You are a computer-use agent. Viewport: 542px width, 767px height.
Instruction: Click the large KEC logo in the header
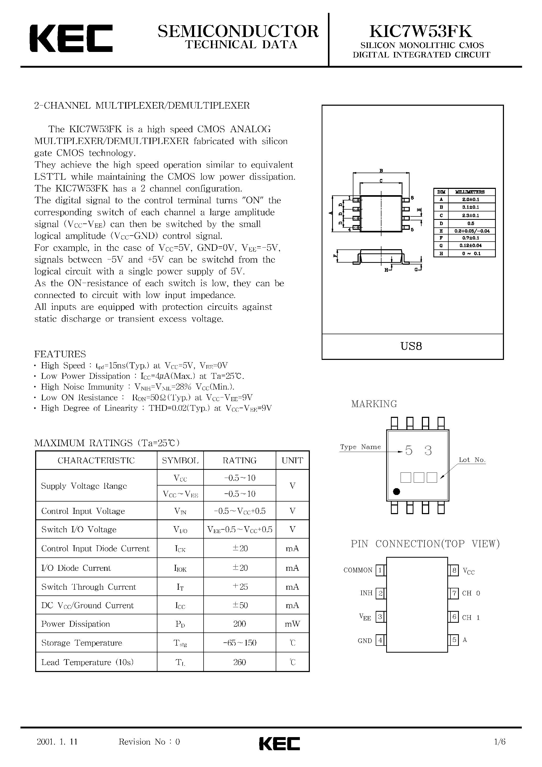click(71, 38)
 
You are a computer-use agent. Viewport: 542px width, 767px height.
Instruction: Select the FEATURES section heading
click(60, 354)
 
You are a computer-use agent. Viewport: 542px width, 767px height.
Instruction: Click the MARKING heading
click(374, 404)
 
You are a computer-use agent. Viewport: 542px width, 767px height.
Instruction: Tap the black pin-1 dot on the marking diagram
click(396, 491)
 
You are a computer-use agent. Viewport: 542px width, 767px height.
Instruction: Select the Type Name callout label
click(360, 447)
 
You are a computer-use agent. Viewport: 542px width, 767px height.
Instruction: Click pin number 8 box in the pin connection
click(454, 570)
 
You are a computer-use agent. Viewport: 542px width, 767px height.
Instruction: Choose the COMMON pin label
click(358, 570)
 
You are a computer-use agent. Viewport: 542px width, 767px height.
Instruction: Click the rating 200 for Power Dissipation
click(240, 624)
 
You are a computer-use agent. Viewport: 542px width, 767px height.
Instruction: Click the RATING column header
click(240, 460)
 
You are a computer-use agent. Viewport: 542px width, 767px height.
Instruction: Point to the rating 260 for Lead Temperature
click(240, 662)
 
